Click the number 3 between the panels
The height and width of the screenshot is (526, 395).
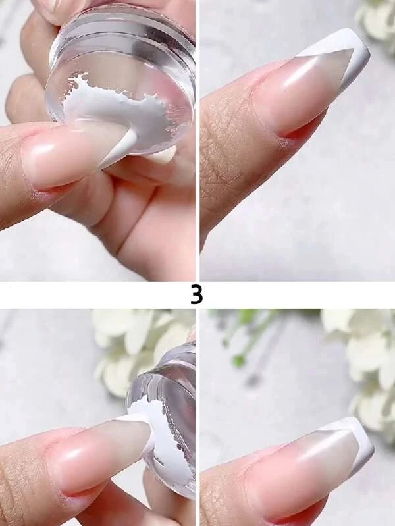tap(197, 295)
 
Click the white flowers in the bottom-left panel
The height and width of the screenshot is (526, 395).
tap(134, 349)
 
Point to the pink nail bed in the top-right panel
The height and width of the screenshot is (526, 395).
tap(302, 91)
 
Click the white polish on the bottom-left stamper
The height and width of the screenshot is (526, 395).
tap(147, 413)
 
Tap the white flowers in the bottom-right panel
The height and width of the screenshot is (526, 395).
tap(366, 365)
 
